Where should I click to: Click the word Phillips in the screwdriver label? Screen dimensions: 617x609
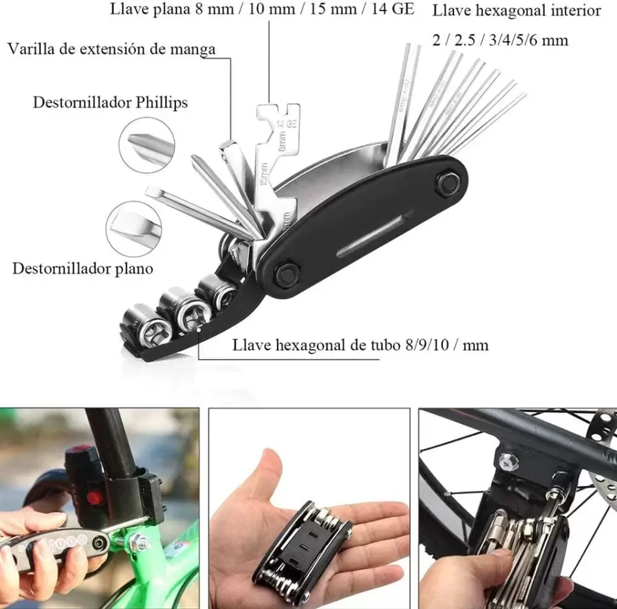(x=161, y=102)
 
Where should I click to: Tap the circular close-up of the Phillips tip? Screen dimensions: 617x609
(x=147, y=145)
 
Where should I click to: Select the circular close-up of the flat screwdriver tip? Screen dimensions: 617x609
(x=134, y=229)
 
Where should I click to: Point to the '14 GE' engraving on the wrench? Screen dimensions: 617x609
(x=286, y=123)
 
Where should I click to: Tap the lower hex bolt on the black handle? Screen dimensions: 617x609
(x=287, y=272)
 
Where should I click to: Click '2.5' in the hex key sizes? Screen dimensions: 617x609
(x=465, y=41)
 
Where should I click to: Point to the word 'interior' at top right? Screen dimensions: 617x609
(x=576, y=10)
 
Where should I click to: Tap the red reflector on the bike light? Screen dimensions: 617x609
(x=94, y=499)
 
